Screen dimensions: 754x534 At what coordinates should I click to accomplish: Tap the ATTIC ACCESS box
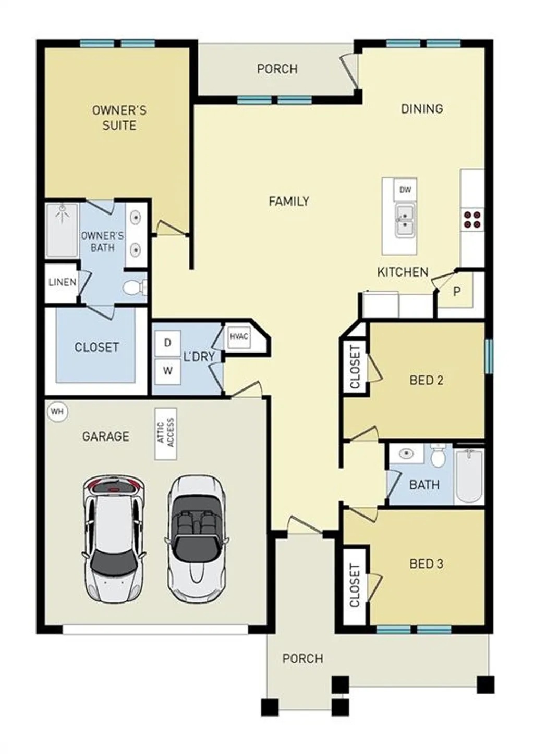[166, 433]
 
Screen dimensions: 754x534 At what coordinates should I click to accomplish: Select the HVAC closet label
[239, 336]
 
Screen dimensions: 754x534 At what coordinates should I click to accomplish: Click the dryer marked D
[167, 343]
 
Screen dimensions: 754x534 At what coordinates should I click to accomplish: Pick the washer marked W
[167, 371]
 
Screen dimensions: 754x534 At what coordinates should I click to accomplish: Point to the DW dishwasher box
[405, 190]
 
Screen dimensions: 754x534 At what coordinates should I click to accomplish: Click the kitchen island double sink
[405, 220]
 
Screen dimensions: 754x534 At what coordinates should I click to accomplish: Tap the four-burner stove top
[472, 219]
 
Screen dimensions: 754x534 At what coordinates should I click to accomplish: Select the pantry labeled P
[456, 292]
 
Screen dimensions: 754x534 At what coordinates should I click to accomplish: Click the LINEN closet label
[62, 283]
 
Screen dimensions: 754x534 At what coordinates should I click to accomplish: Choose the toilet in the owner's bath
[135, 287]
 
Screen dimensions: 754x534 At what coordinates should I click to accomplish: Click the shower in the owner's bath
[62, 230]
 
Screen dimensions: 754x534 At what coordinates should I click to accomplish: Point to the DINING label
[421, 109]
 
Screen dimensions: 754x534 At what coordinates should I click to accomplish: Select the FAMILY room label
[289, 201]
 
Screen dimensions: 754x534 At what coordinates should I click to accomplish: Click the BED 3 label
[426, 563]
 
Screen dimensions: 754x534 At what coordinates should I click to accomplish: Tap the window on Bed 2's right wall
[489, 356]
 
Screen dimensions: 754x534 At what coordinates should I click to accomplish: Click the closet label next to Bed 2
[355, 367]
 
